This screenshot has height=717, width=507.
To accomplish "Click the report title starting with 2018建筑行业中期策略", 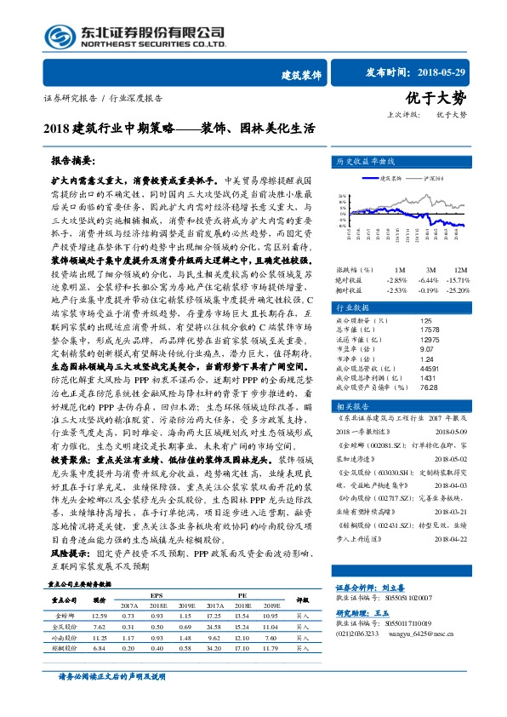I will [178, 129].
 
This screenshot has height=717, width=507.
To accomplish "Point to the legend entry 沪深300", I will [434, 178].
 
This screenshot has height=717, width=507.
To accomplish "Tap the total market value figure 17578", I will [430, 330].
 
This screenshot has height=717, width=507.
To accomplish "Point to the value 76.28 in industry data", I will [429, 385].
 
